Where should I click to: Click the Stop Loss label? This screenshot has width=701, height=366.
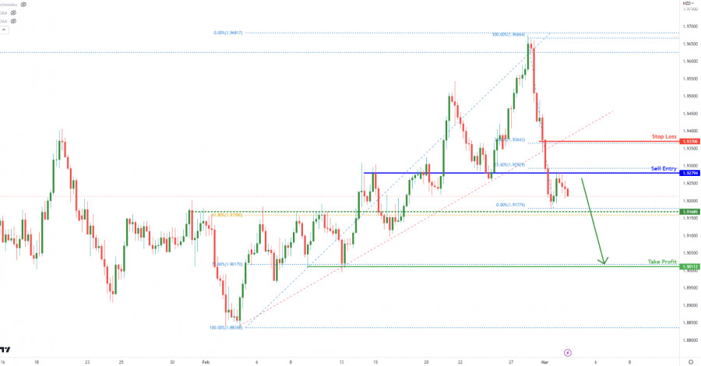pyautogui.click(x=664, y=136)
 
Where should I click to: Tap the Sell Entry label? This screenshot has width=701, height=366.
pyautogui.click(x=664, y=168)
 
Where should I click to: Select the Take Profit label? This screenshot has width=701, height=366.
pyautogui.click(x=663, y=262)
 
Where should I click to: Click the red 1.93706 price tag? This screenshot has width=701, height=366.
pyautogui.click(x=689, y=142)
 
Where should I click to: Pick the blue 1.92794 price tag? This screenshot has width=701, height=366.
pyautogui.click(x=689, y=173)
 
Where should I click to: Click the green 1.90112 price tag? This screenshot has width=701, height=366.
pyautogui.click(x=689, y=266)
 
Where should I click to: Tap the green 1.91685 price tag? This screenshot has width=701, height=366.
pyautogui.click(x=689, y=211)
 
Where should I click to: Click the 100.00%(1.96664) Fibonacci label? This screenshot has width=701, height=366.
pyautogui.click(x=507, y=34)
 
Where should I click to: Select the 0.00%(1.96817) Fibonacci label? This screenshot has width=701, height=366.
pyautogui.click(x=228, y=33)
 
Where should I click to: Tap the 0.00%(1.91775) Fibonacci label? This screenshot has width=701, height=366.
pyautogui.click(x=512, y=205)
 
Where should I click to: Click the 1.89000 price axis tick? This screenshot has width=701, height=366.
pyautogui.click(x=689, y=287)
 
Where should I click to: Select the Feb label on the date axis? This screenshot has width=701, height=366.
pyautogui.click(x=206, y=362)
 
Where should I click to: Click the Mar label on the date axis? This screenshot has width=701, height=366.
pyautogui.click(x=545, y=362)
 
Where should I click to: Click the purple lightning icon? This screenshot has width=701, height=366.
pyautogui.click(x=567, y=353)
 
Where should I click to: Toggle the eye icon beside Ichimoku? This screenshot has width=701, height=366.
pyautogui.click(x=23, y=4)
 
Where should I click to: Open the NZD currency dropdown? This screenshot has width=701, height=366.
pyautogui.click(x=688, y=3)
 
